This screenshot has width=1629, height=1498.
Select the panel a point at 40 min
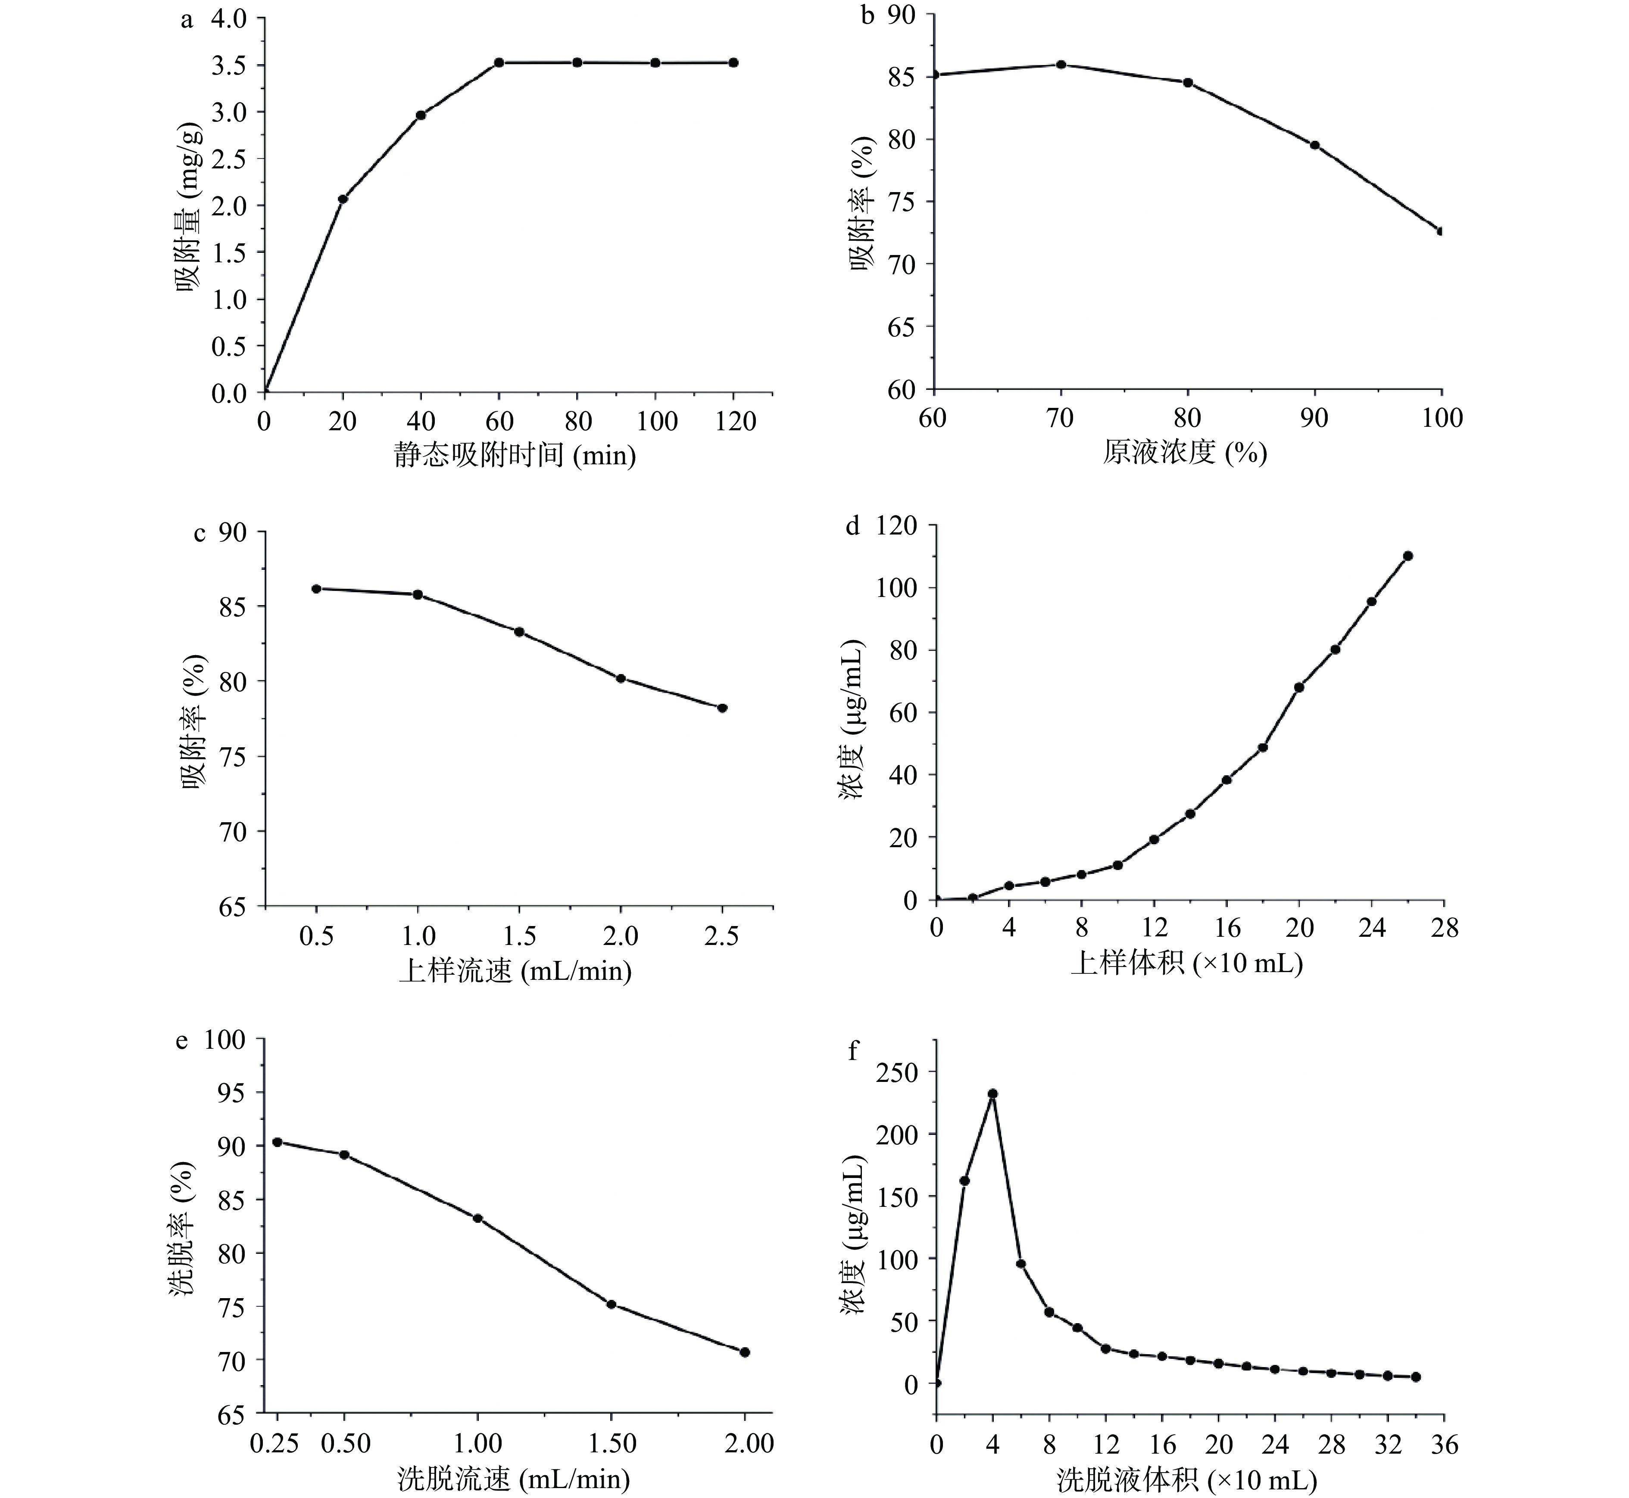[x=421, y=115]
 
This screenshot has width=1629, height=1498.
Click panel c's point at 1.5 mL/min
[x=519, y=631]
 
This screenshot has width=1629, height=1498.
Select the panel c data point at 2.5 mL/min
[x=722, y=708]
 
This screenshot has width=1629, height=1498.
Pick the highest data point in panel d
[x=1407, y=555]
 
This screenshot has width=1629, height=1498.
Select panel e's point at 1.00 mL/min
[x=477, y=1218]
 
